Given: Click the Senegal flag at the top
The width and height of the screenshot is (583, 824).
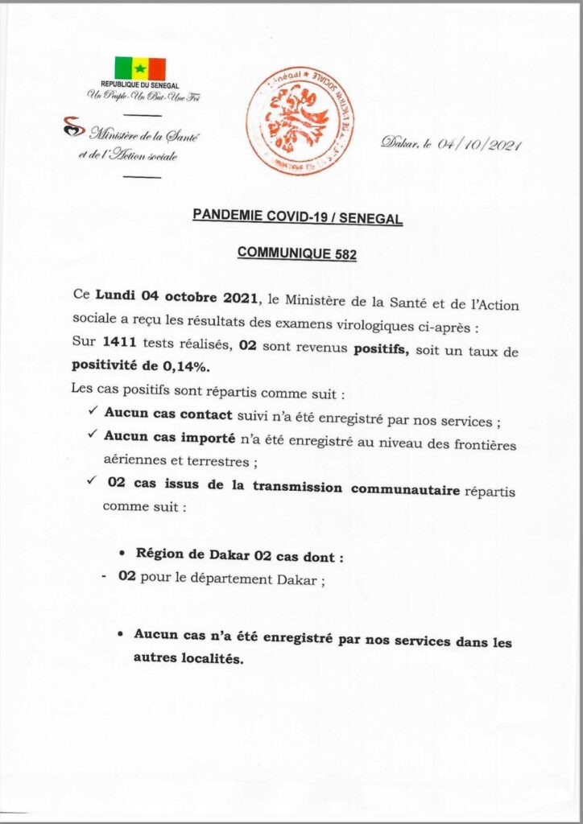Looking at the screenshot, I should tap(139, 68).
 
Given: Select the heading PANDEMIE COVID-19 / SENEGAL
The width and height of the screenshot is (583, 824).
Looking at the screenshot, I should tap(297, 216).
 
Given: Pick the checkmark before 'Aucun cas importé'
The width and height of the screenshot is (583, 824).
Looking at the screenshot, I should tap(91, 435).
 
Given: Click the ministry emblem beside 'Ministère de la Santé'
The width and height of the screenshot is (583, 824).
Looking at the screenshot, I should tap(74, 127).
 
